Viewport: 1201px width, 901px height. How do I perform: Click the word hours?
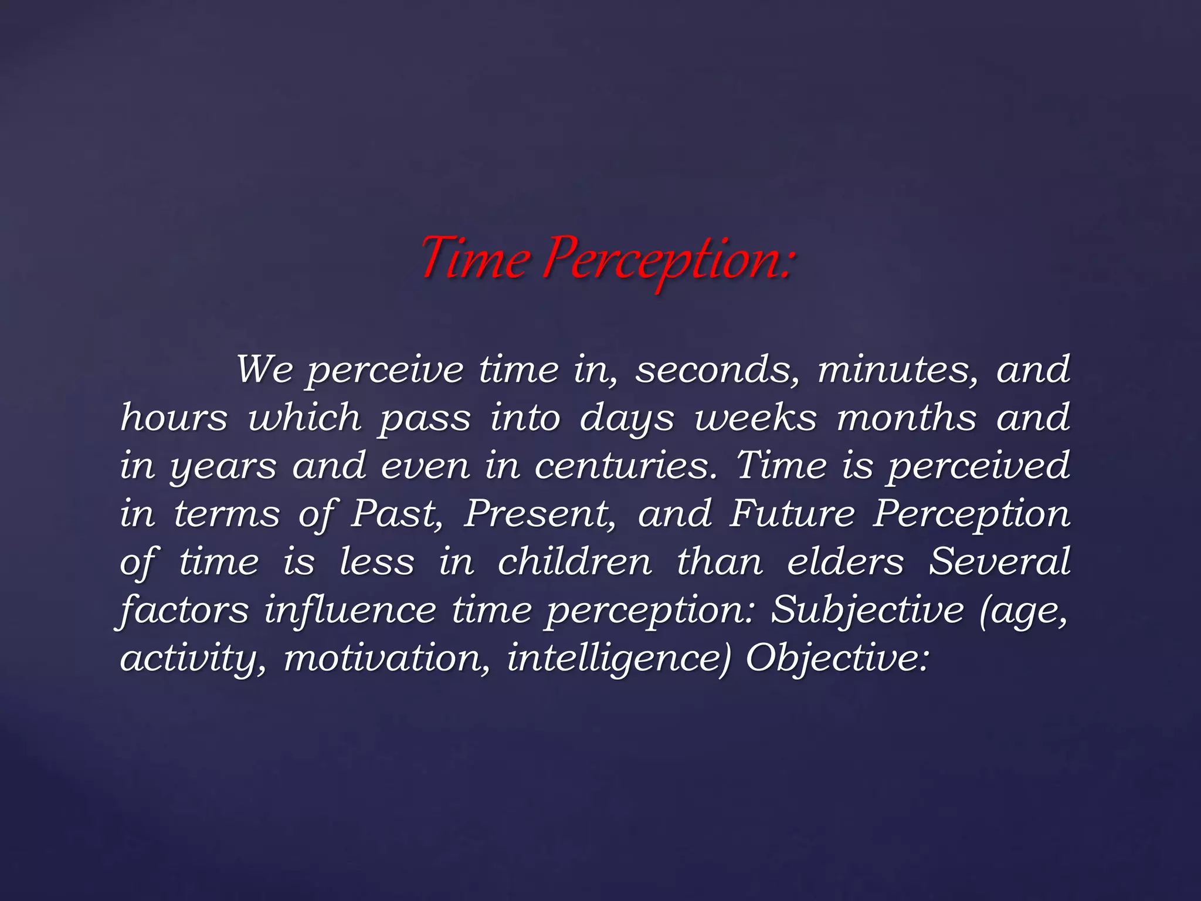click(174, 418)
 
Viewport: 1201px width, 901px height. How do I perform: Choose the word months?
click(907, 418)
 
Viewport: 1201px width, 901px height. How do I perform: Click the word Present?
click(540, 514)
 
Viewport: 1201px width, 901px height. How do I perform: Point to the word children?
click(575, 563)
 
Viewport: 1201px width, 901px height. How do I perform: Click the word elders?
click(845, 563)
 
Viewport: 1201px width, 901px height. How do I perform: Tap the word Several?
click(1000, 563)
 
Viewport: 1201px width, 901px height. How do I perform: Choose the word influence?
click(350, 611)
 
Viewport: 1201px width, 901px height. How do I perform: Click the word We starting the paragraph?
click(265, 370)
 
